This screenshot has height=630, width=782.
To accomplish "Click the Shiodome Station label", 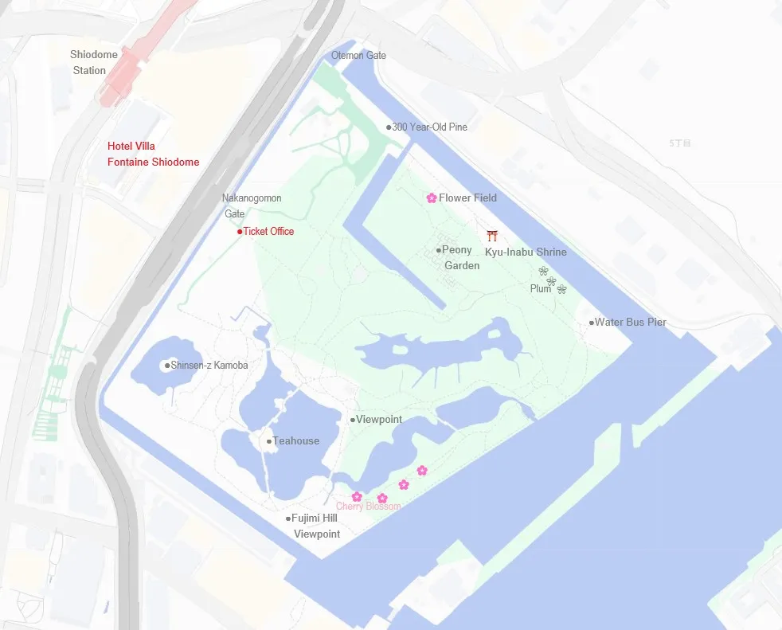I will (94, 62).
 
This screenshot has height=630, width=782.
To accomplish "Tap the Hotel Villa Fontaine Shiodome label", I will (153, 154).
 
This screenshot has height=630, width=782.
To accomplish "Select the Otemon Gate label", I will (358, 55).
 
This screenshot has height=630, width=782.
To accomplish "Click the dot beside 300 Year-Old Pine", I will (389, 127).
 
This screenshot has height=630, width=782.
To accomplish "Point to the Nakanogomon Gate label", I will (251, 205).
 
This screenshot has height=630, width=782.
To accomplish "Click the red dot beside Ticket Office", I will (240, 232).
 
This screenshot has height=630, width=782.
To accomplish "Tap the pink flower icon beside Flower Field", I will (431, 198).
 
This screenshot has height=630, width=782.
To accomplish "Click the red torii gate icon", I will (492, 235).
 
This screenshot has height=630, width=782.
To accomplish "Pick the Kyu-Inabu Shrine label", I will (526, 252).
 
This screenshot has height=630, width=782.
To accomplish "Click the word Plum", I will (540, 288).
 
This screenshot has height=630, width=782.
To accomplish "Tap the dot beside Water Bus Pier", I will (592, 323).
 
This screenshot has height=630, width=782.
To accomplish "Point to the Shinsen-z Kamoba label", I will (209, 366).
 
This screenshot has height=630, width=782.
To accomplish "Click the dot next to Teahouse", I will (269, 441).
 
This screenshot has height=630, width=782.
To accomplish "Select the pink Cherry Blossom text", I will (368, 507).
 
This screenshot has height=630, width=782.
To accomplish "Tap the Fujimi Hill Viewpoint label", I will (316, 526).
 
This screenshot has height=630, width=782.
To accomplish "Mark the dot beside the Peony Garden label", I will (438, 250).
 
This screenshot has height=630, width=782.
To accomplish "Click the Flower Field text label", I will (467, 198).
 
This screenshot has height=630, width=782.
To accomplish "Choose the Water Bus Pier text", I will (631, 323).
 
